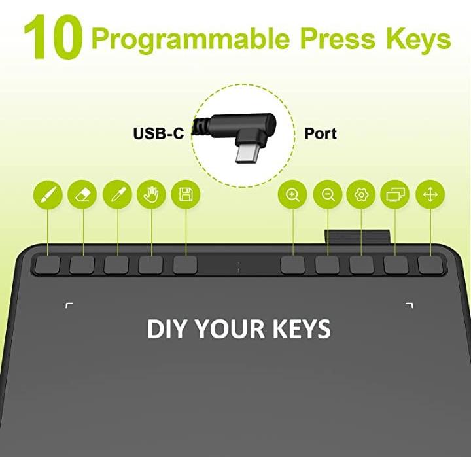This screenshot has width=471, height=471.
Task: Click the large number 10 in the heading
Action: [x=53, y=37]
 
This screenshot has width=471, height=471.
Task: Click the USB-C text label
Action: [x=158, y=133]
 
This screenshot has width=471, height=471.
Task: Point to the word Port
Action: [x=321, y=133]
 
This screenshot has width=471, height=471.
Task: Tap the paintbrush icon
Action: [x=48, y=194]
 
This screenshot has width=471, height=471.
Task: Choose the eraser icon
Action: [x=82, y=194]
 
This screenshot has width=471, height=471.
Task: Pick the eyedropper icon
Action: [x=117, y=194]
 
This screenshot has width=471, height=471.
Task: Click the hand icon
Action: [x=151, y=194]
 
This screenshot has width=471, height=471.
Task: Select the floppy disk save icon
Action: [x=186, y=194]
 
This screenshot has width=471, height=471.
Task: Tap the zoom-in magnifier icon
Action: [x=292, y=195]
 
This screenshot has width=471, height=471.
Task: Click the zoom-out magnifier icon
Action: [x=328, y=195]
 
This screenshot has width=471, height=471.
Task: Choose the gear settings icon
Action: [x=361, y=195]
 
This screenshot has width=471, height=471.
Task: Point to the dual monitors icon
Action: [x=395, y=195]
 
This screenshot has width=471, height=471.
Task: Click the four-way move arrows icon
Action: [x=430, y=195]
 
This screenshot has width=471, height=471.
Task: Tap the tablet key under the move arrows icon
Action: [x=430, y=265]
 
